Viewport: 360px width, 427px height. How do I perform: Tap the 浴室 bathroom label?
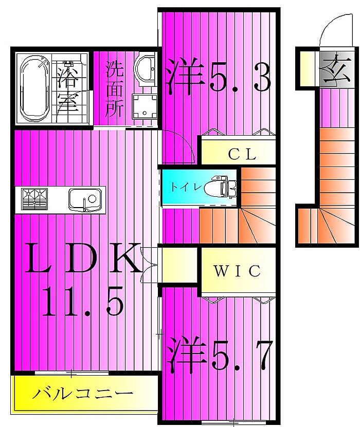[68, 88]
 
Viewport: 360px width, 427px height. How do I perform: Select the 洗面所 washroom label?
[115, 88]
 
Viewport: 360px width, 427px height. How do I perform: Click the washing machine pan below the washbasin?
[145, 107]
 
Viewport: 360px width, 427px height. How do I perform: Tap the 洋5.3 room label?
[219, 76]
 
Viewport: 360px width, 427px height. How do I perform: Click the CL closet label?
[242, 154]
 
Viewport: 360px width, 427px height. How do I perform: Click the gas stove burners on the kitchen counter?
[34, 199]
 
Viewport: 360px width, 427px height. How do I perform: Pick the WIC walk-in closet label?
[237, 271]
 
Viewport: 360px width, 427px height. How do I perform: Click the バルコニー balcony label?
[83, 394]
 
